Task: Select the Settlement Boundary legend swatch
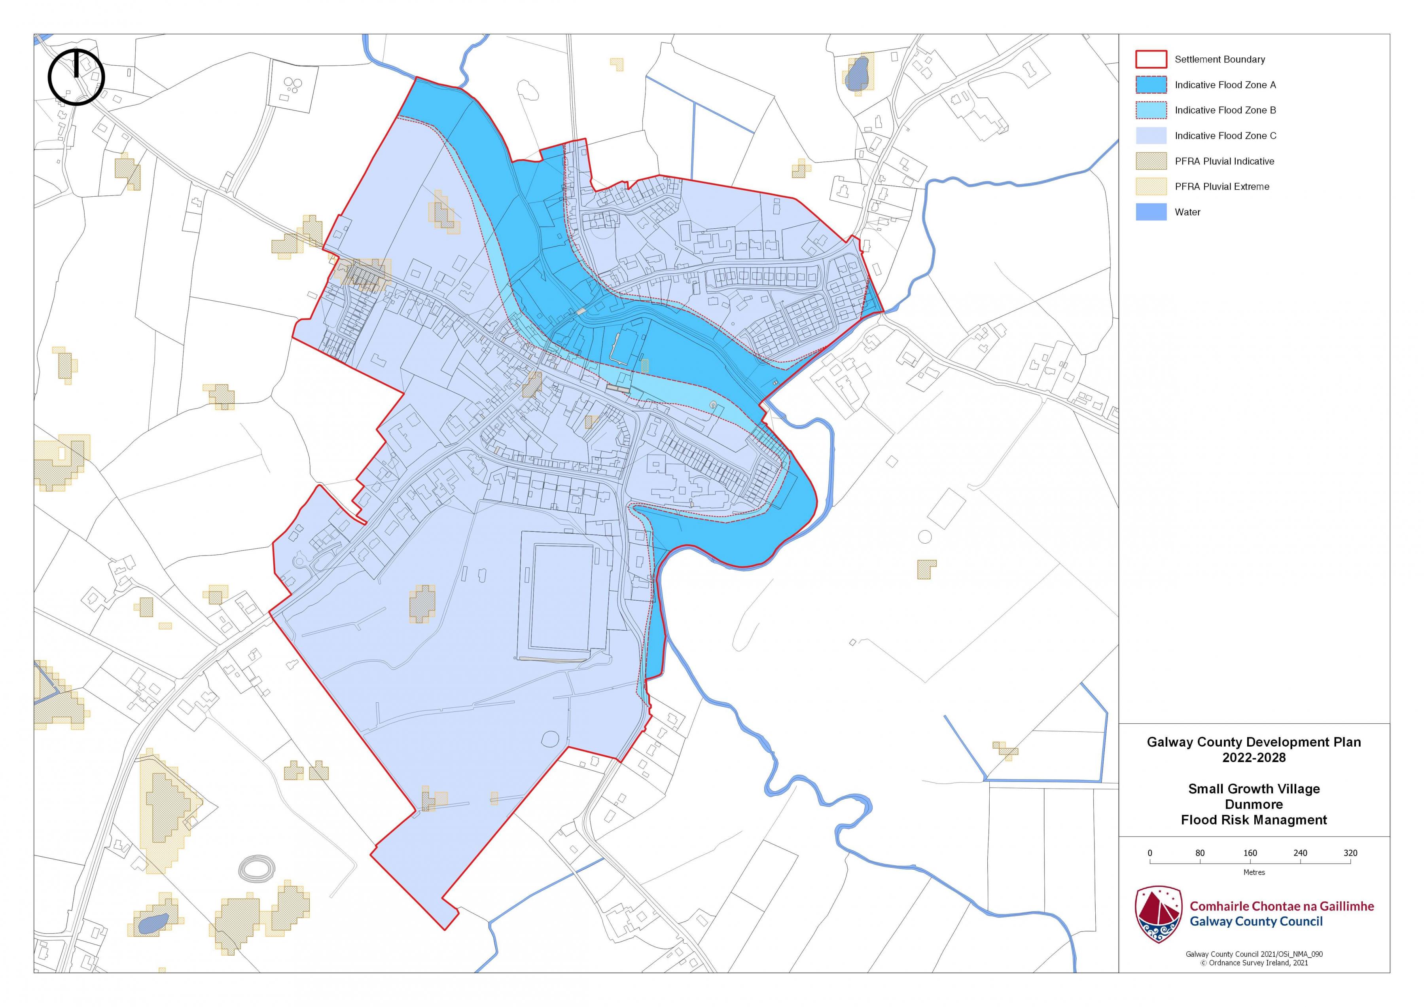click(1151, 60)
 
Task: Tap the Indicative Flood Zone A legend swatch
click(1151, 85)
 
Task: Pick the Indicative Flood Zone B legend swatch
click(1151, 110)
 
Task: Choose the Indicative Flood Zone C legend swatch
click(1151, 136)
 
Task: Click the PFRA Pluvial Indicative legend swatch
click(1151, 161)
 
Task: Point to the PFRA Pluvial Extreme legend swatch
click(1151, 187)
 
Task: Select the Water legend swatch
click(1151, 212)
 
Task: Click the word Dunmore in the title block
click(1254, 804)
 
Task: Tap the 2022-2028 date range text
click(1254, 758)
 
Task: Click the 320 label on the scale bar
click(1350, 853)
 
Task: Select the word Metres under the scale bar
click(1254, 872)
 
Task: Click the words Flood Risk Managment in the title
click(1254, 820)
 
